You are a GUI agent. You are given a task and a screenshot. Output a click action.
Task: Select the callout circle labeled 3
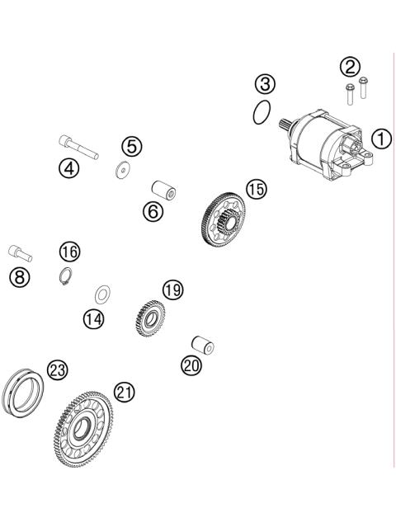point(264,83)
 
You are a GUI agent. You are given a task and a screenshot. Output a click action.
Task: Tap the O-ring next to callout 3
point(262,113)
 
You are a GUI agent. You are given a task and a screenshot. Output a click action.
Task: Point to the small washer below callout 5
point(125,171)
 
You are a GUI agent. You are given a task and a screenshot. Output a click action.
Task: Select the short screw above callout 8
point(20,250)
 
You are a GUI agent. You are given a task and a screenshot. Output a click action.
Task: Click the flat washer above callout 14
point(104,293)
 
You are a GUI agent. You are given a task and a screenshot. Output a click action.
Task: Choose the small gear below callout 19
point(148,318)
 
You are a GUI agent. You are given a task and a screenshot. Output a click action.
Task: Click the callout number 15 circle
point(257,189)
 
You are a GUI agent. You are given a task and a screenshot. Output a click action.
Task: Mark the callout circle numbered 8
point(20,276)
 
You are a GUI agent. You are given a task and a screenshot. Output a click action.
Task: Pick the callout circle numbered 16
point(70,250)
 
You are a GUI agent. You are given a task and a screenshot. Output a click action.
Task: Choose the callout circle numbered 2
point(351,66)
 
